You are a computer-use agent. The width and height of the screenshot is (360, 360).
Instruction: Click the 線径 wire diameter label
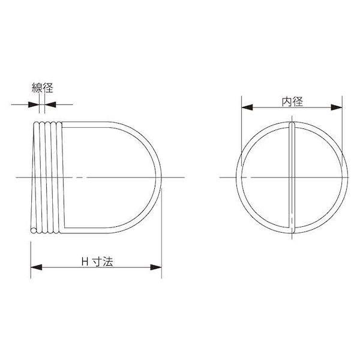point(43,88)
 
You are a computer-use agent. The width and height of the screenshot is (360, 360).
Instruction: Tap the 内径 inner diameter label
point(292,102)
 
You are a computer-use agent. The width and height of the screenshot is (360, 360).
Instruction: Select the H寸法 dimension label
point(97,262)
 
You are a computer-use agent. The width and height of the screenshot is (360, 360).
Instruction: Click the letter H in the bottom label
point(85,262)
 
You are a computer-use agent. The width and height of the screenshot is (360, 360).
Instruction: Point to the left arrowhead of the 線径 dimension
point(34,104)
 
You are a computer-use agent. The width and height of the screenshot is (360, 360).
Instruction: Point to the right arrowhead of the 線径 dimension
point(50,104)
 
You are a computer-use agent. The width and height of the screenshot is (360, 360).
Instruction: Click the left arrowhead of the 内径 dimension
point(247,107)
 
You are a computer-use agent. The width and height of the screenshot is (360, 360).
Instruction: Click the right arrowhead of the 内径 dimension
point(337,107)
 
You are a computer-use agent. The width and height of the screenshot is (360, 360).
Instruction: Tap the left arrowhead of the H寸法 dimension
point(36,267)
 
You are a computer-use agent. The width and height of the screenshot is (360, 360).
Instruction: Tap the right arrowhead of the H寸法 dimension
point(156,267)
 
